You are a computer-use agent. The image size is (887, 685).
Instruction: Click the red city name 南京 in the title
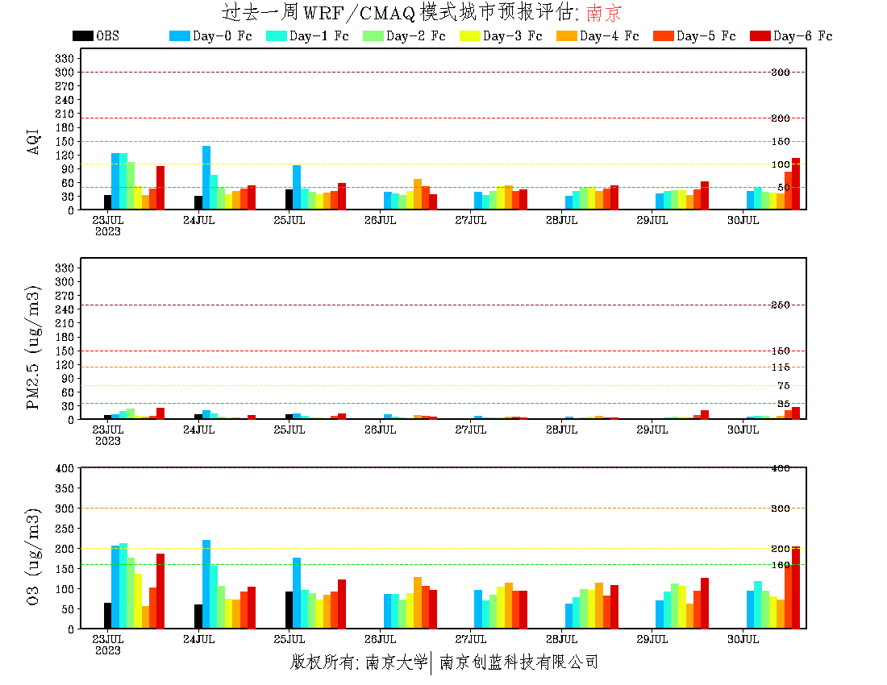pos(604,13)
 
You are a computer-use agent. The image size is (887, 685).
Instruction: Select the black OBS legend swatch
pos(82,36)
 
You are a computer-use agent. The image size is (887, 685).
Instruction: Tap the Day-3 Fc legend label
pos(512,36)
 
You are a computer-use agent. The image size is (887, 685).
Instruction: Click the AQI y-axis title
pos(34,141)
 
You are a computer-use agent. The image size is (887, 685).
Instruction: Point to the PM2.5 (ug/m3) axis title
pos(34,347)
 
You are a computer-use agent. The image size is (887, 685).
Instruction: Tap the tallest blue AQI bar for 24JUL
pos(206,177)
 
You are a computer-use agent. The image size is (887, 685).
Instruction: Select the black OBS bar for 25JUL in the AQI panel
pos(289,199)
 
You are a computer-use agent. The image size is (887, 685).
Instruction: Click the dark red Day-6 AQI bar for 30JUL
pos(796,184)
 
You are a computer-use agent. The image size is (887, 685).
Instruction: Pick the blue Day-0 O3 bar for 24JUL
pos(206,584)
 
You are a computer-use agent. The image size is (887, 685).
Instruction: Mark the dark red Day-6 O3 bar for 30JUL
pos(796,587)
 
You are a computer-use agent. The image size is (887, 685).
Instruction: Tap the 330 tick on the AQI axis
pos(65,58)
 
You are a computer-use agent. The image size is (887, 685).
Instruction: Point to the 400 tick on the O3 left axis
pos(65,468)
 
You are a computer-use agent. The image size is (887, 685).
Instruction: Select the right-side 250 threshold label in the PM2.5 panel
pos(780,305)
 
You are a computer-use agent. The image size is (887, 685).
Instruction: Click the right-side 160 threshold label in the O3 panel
pos(780,565)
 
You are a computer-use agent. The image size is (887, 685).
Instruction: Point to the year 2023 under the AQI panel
pos(108,231)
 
